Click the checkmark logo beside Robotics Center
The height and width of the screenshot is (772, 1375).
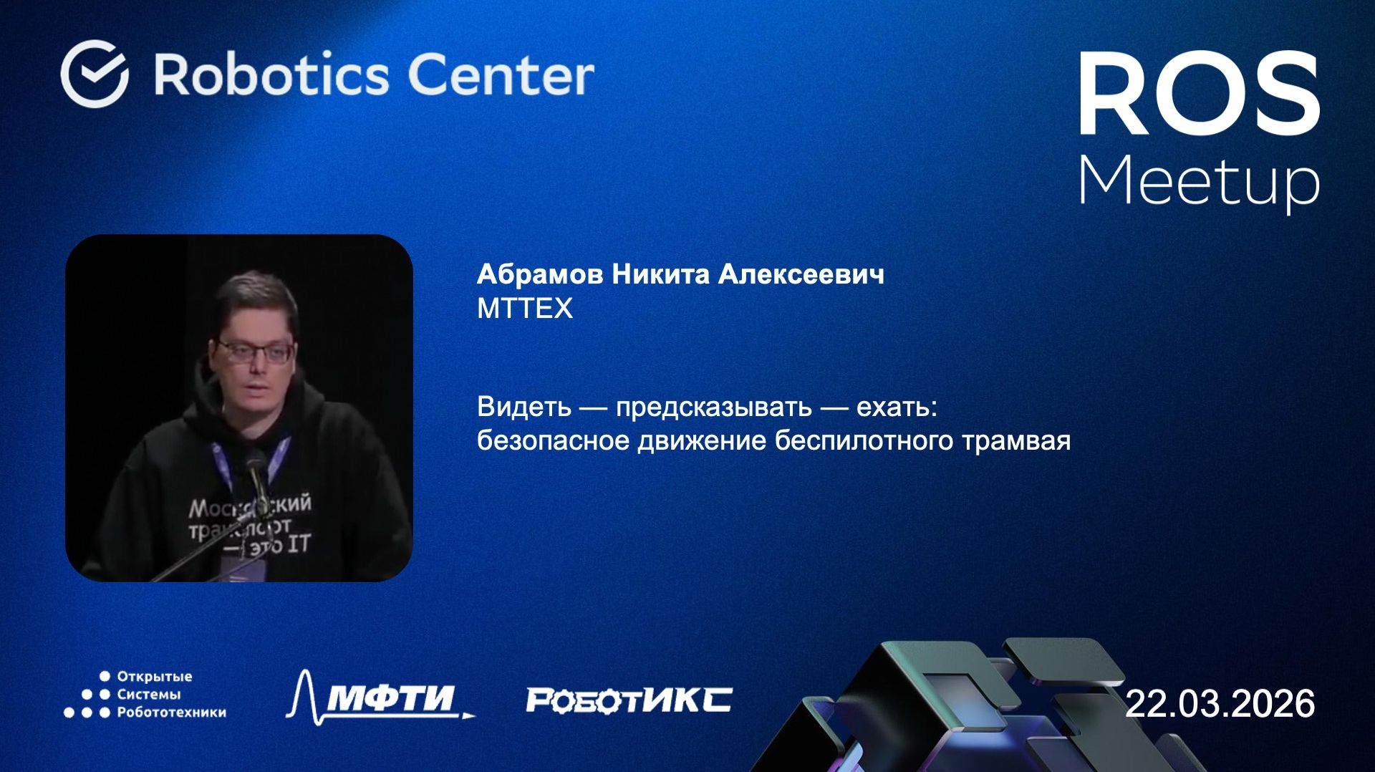tap(95, 74)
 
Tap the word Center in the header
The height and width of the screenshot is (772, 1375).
tap(501, 74)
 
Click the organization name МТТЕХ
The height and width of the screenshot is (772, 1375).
tap(525, 309)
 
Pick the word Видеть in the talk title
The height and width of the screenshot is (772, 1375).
tap(524, 407)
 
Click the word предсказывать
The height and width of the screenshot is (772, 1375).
tap(713, 407)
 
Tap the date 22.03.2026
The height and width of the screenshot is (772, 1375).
tap(1220, 703)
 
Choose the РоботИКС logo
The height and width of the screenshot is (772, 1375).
tap(629, 700)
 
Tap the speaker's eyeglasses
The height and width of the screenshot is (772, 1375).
tap(254, 352)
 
